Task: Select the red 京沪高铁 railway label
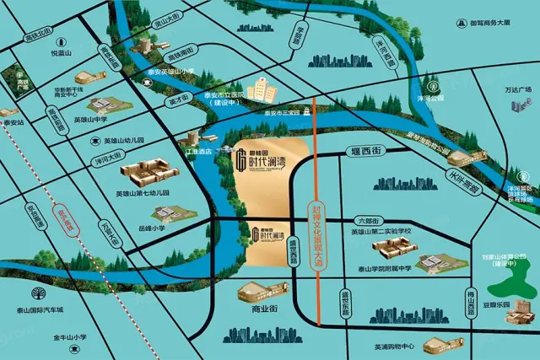(59, 221)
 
